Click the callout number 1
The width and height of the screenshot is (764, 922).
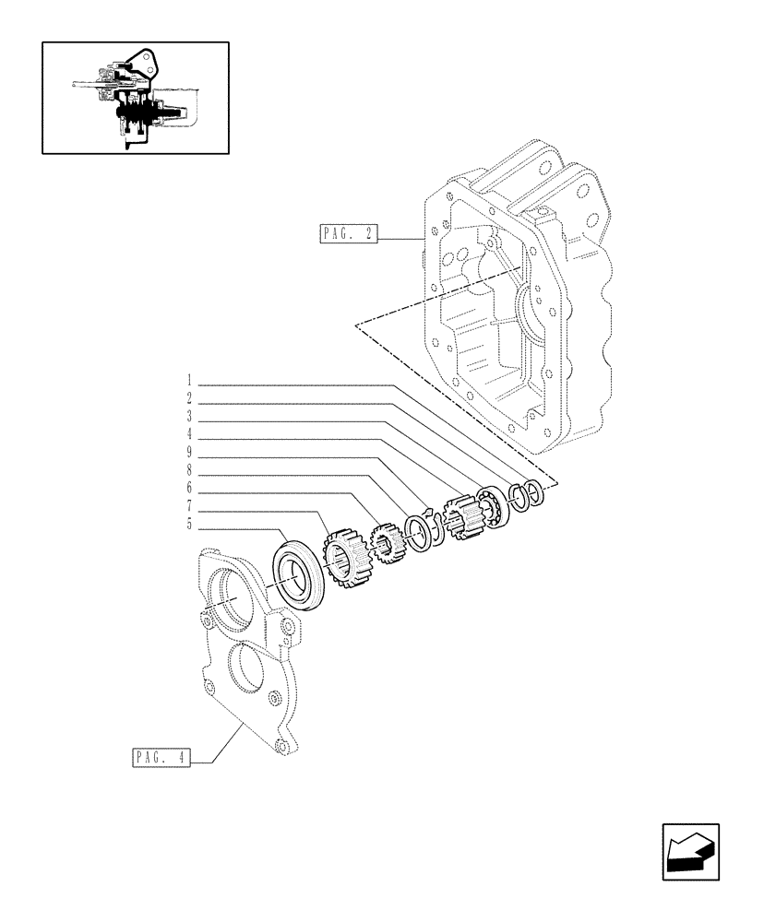188,380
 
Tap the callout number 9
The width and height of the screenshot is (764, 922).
188,453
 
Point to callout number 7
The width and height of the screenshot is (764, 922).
188,506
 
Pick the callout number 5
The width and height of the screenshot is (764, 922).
188,525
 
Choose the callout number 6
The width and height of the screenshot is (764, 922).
188,488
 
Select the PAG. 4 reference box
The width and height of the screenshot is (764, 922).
160,759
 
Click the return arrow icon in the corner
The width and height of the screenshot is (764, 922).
690,852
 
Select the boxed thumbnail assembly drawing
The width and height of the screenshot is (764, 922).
135,97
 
